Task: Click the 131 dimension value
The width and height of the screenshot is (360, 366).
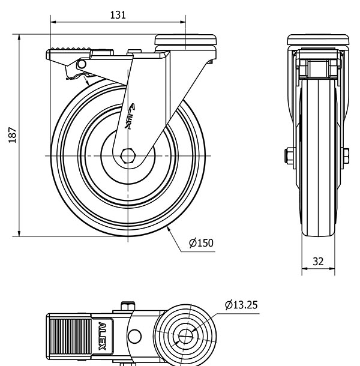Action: [x=118, y=15]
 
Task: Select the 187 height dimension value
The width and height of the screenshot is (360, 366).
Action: [x=13, y=135]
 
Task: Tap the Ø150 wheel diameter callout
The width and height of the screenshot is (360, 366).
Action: [x=201, y=243]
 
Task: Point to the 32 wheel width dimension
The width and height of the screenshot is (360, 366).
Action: [x=318, y=262]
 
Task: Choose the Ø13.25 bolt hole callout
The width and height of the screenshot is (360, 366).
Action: [x=241, y=305]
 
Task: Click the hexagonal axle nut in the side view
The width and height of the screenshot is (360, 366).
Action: [x=128, y=155]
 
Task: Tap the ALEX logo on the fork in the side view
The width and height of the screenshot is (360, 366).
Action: [x=130, y=116]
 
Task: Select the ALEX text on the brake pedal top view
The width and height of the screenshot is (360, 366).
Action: [x=102, y=336]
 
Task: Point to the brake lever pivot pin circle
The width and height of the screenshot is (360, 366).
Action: [x=82, y=64]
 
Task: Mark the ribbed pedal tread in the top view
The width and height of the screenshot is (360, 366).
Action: [x=71, y=336]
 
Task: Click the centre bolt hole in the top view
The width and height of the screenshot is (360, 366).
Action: [x=185, y=337]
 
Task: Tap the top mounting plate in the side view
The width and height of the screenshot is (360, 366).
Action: [x=185, y=40]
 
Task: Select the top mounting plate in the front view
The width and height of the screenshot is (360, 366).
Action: [x=318, y=40]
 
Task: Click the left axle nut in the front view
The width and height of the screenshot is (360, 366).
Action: [x=289, y=155]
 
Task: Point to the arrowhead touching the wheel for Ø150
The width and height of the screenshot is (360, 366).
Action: [x=169, y=229]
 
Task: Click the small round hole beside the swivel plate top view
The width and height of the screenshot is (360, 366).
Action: [x=135, y=337]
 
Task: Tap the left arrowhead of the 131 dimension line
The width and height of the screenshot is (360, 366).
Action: [x=53, y=22]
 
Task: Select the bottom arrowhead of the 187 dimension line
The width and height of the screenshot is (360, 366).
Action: [x=19, y=233]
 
